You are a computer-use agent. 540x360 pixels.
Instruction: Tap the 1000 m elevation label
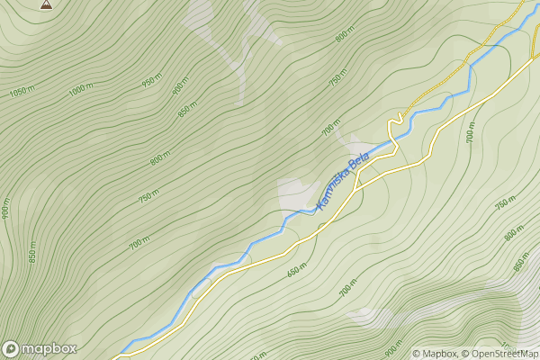(81, 89)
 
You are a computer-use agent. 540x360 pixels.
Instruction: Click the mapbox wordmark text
(49, 348)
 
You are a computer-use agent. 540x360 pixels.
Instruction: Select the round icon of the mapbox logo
(11, 348)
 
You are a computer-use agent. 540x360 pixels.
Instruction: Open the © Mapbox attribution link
(435, 354)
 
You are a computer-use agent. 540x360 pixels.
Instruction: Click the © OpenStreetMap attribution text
(499, 354)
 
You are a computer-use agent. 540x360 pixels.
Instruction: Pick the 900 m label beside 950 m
(180, 85)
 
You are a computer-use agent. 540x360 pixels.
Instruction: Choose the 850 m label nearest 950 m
(187, 111)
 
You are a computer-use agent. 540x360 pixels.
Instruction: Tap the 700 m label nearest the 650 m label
(347, 289)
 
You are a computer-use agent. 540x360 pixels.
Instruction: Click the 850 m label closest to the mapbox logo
(33, 252)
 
